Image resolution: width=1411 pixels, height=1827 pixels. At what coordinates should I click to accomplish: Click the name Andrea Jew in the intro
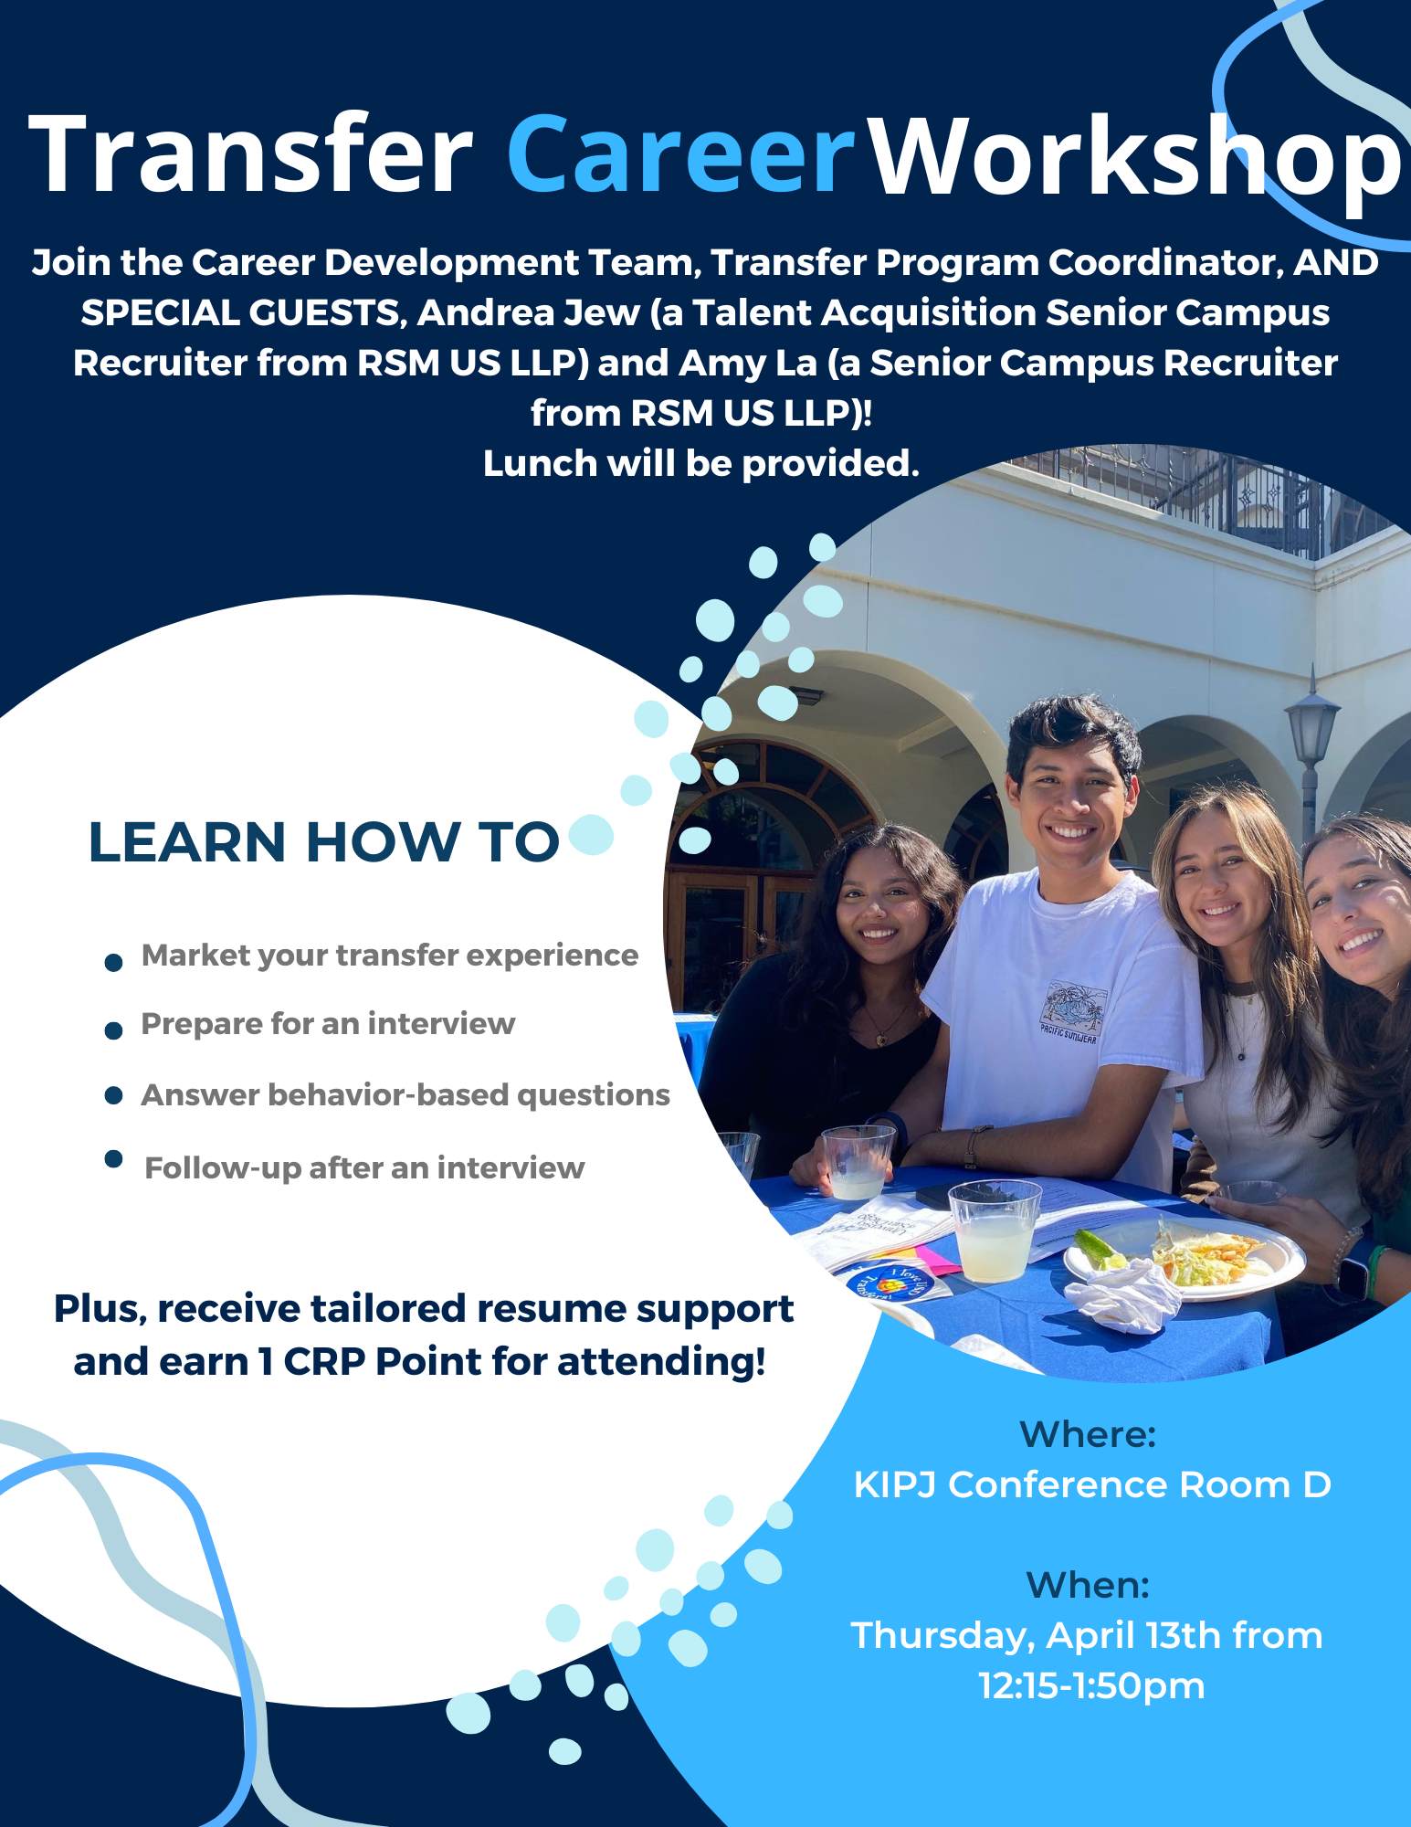click(x=529, y=313)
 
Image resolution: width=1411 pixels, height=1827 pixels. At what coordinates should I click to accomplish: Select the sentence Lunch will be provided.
click(x=700, y=464)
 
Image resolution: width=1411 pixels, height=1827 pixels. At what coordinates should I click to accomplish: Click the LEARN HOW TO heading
click(x=323, y=841)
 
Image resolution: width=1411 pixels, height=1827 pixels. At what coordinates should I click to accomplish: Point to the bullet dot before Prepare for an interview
click(x=114, y=1031)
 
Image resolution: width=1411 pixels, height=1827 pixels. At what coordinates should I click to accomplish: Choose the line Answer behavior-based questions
click(x=405, y=1094)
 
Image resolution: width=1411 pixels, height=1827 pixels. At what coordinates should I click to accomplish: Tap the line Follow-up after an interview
click(x=364, y=1167)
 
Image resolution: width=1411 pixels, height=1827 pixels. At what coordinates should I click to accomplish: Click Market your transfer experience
click(x=390, y=956)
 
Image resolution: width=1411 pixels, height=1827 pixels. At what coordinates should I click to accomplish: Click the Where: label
click(x=1088, y=1434)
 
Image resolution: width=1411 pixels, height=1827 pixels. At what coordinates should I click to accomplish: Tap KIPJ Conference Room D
click(x=1091, y=1484)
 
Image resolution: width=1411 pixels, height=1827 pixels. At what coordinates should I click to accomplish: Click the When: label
click(x=1088, y=1585)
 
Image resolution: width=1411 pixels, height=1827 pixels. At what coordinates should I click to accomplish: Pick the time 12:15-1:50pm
click(x=1091, y=1685)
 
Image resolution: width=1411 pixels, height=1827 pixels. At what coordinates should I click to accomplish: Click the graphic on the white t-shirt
click(x=1071, y=1009)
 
